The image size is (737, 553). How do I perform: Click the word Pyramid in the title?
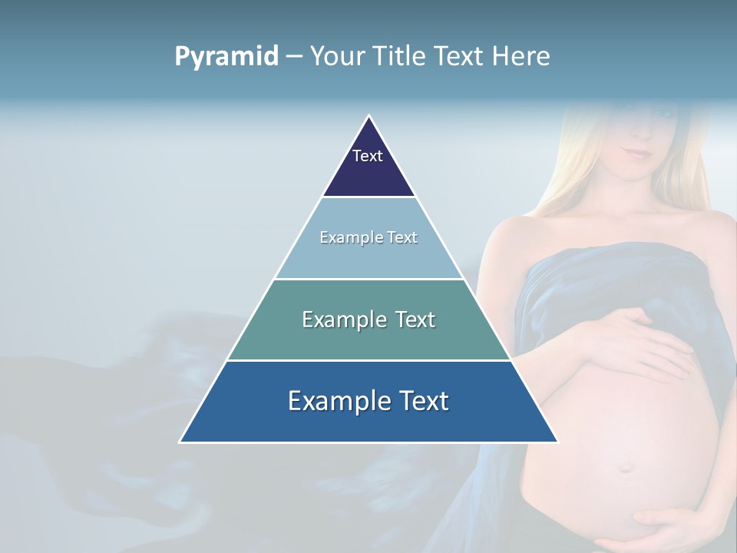[x=226, y=57]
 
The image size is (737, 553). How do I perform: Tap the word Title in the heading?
[x=401, y=56]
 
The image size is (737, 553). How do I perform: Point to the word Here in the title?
[x=521, y=56]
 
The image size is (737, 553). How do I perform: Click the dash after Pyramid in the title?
[x=293, y=57]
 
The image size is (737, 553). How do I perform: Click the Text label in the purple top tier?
[x=368, y=156]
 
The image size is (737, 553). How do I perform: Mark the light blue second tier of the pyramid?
[x=368, y=257]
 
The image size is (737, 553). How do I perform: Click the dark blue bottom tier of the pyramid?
[x=368, y=423]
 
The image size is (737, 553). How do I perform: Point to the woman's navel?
[x=626, y=466]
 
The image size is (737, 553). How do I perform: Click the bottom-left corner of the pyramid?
[x=180, y=442]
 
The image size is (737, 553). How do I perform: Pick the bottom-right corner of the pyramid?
[x=557, y=442]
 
